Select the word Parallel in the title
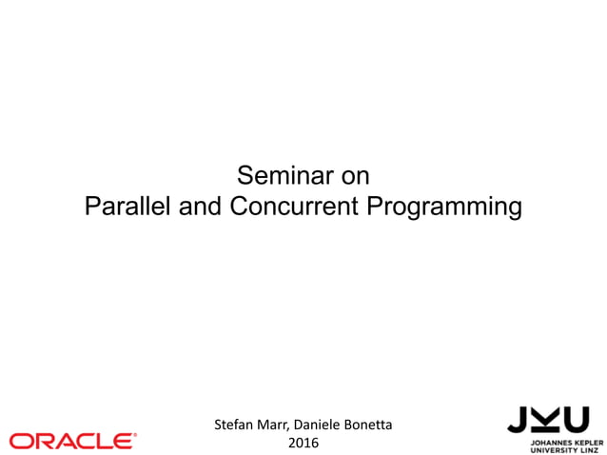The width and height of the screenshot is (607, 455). click(x=126, y=207)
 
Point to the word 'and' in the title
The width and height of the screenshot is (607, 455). click(x=200, y=207)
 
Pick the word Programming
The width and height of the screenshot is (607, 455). click(x=443, y=208)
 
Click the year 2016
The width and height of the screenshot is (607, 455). click(x=303, y=443)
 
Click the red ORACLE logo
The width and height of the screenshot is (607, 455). click(x=71, y=441)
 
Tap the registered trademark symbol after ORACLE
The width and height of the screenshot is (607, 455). click(x=135, y=434)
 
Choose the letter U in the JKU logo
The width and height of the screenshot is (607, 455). click(x=576, y=419)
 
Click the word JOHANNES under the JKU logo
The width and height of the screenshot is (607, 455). click(x=547, y=442)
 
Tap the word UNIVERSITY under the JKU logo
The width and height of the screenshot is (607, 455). click(x=553, y=449)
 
